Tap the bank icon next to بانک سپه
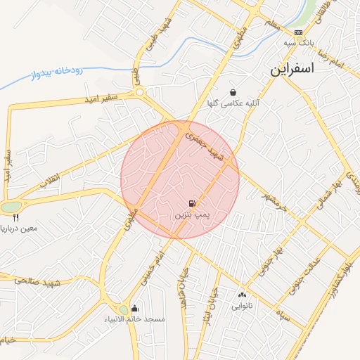click(299, 32)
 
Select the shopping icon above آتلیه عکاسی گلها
click(233, 93)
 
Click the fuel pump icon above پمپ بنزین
click(193, 202)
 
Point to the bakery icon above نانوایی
click(243, 295)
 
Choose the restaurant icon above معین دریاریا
click(15, 217)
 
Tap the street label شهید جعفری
click(208, 148)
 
